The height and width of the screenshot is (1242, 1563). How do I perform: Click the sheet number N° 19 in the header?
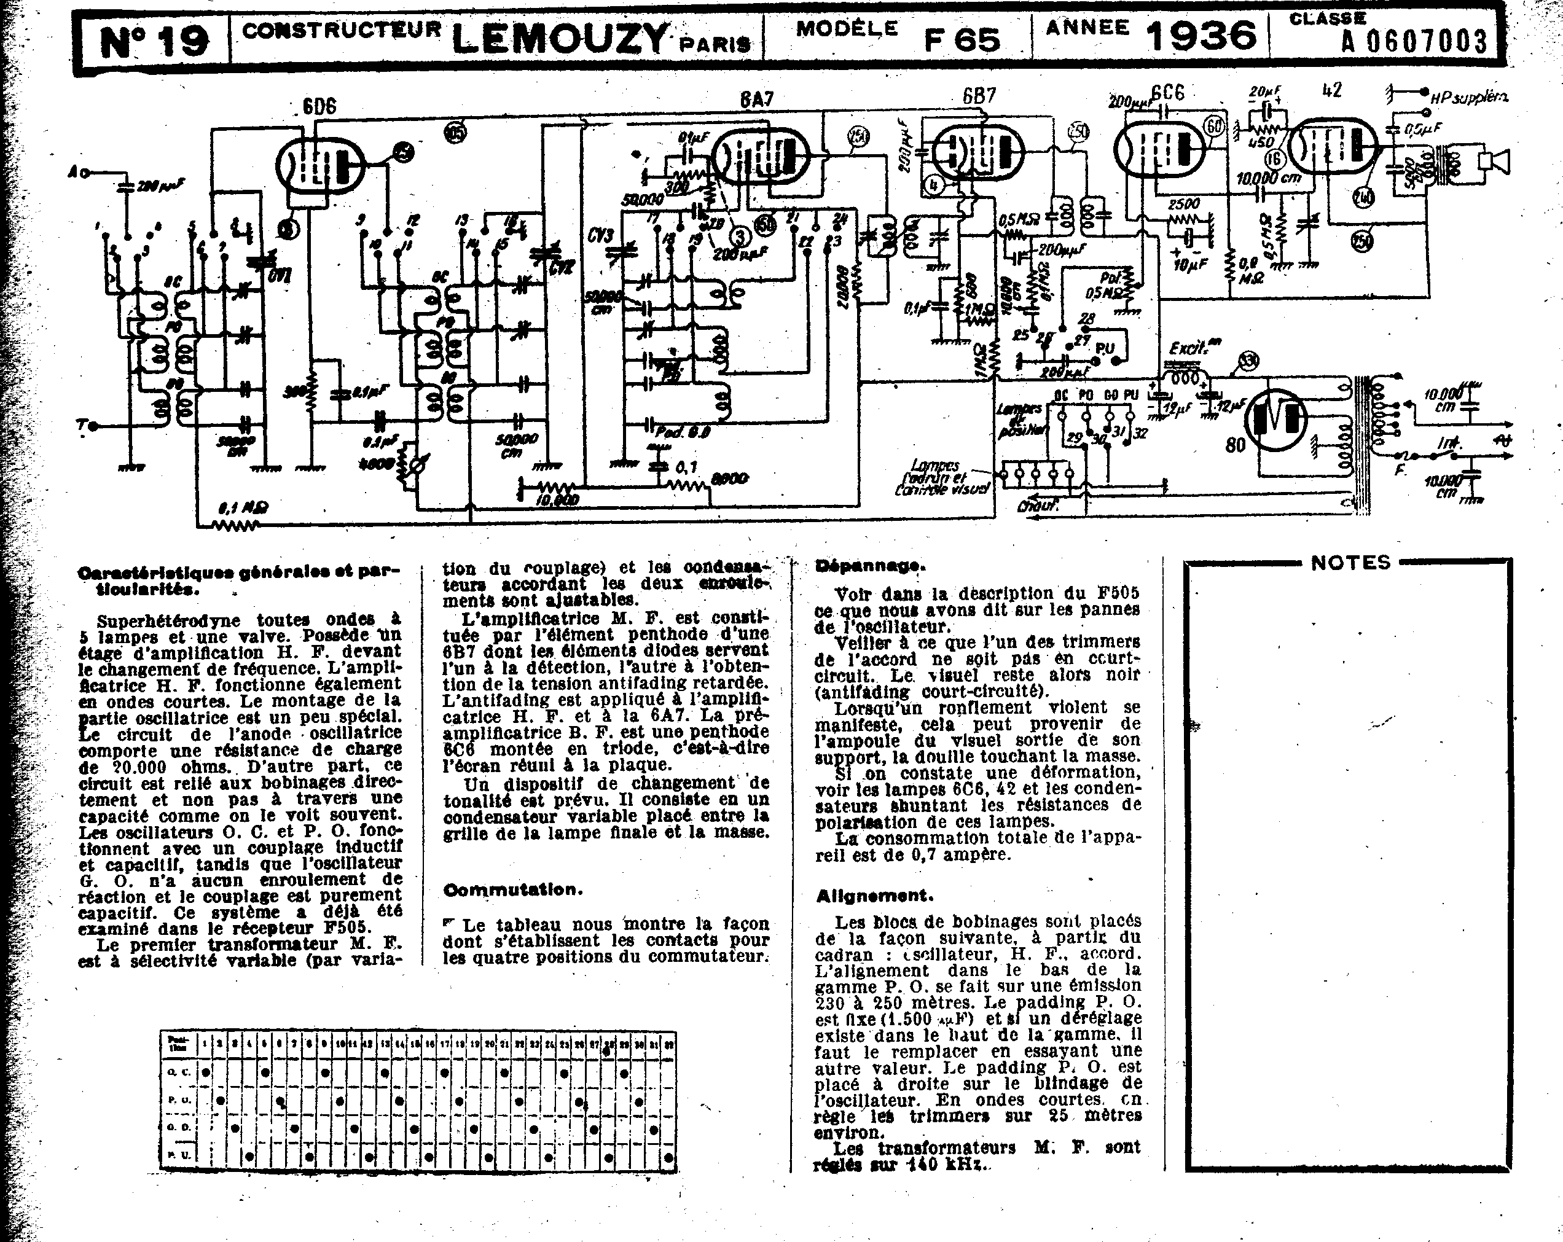click(154, 41)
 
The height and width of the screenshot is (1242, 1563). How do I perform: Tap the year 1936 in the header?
click(1201, 35)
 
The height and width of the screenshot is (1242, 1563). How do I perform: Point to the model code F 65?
click(962, 40)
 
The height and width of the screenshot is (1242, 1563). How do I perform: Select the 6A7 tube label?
click(756, 100)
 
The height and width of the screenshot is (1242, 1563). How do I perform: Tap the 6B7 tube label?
click(979, 96)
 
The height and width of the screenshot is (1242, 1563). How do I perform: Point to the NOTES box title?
click(1350, 563)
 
